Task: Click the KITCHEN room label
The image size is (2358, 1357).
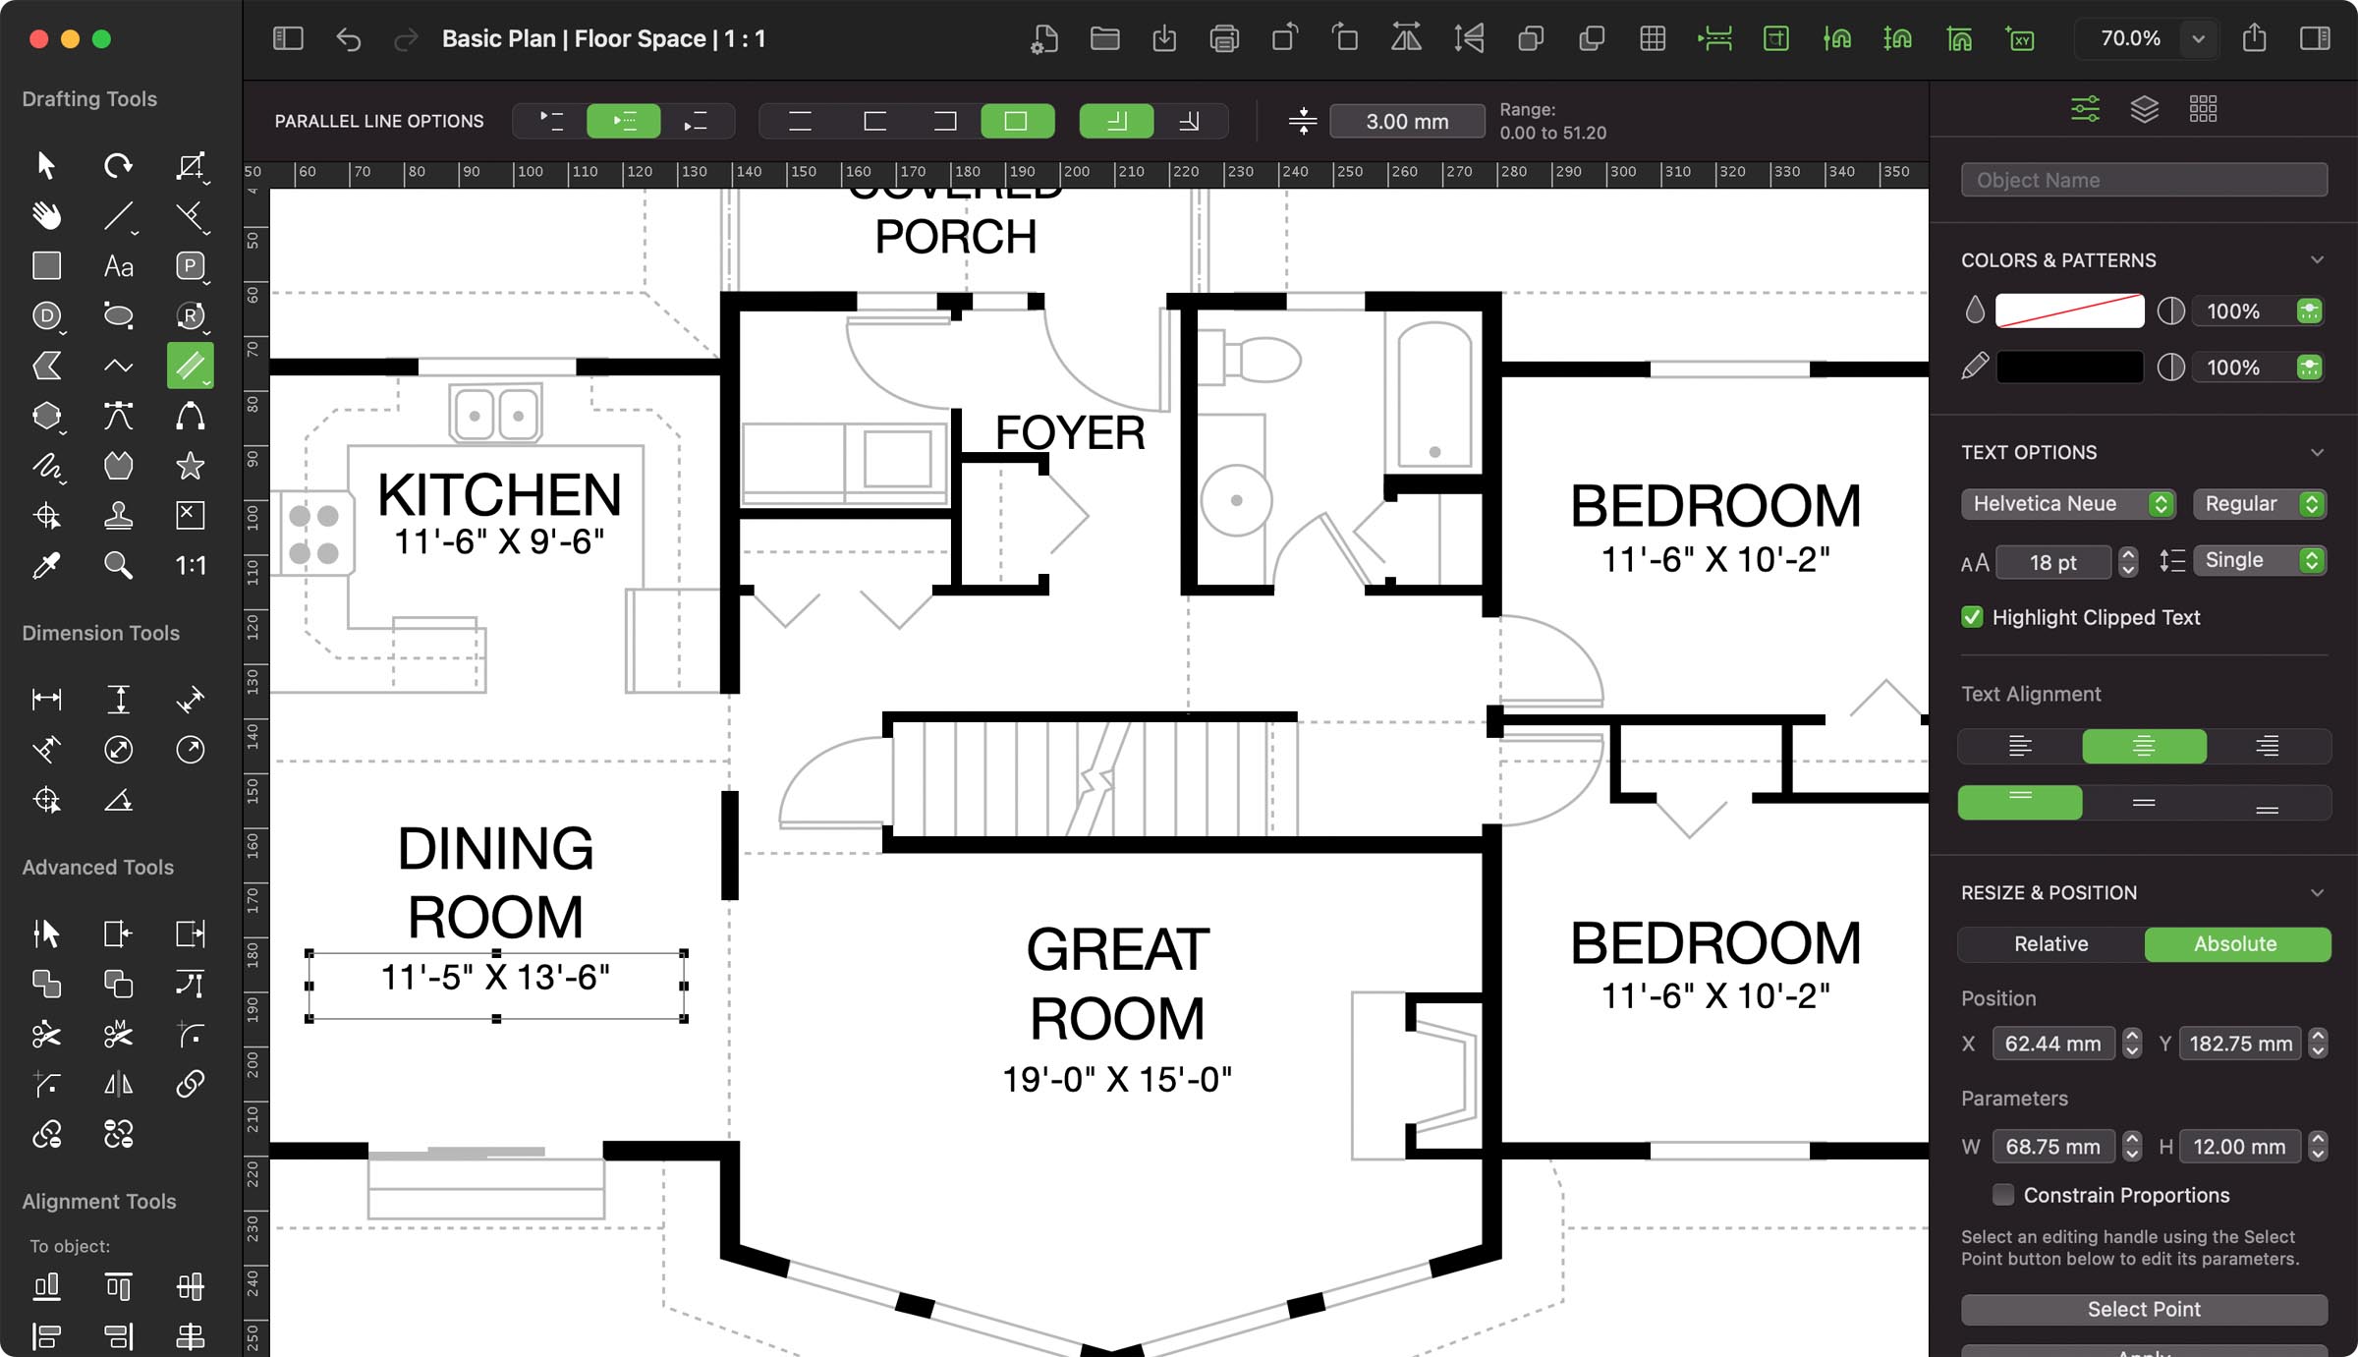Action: [499, 494]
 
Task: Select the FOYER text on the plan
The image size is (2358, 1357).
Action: [1070, 433]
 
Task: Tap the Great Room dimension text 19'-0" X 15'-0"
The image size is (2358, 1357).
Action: [1117, 1079]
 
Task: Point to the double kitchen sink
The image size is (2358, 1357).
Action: [495, 415]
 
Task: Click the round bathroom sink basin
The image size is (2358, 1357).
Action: [1236, 500]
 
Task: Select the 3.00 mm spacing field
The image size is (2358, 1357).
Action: [1406, 121]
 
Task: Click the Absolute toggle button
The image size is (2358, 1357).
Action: [2235, 943]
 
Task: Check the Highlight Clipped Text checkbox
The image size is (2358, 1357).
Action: [1972, 617]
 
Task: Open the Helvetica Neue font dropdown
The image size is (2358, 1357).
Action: [2067, 503]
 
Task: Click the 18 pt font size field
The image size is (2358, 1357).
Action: [2052, 562]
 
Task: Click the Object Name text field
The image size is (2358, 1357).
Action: [2143, 180]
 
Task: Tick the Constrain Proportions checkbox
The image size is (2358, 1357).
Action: [2002, 1195]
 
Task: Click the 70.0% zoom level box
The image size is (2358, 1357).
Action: [2129, 38]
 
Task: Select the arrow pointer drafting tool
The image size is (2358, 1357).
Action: [46, 165]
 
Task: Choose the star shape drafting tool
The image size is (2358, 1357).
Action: [190, 466]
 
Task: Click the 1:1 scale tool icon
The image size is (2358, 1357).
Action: [190, 565]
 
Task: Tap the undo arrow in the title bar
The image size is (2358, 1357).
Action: [349, 38]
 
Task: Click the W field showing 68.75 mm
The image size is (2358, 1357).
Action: [2051, 1147]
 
